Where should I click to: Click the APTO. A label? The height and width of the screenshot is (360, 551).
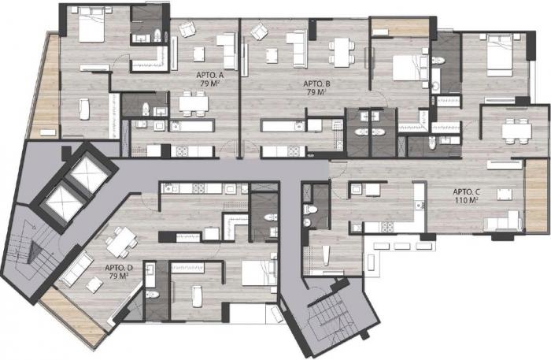(210, 75)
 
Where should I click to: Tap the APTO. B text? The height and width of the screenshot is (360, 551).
(316, 84)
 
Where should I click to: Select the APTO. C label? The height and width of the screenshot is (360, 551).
(466, 191)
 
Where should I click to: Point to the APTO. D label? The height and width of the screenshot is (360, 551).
(118, 268)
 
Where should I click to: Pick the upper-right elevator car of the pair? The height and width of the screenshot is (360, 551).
(88, 173)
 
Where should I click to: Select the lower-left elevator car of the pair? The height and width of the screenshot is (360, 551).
(64, 202)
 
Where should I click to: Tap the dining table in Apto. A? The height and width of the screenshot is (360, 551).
(194, 103)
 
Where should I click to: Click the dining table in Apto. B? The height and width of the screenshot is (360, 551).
(342, 52)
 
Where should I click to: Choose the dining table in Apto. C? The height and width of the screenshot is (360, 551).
(516, 131)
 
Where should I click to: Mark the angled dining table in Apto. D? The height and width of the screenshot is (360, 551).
(121, 242)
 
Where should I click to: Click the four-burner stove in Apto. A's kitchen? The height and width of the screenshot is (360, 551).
(182, 151)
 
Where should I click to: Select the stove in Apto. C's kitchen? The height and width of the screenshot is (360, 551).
(387, 227)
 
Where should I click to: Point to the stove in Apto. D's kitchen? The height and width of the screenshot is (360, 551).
(198, 188)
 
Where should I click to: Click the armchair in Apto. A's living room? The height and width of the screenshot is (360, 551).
(187, 29)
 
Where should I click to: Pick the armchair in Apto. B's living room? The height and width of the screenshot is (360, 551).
(260, 32)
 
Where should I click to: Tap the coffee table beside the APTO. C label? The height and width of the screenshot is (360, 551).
(505, 195)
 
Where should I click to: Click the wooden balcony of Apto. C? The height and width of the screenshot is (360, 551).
(536, 195)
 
